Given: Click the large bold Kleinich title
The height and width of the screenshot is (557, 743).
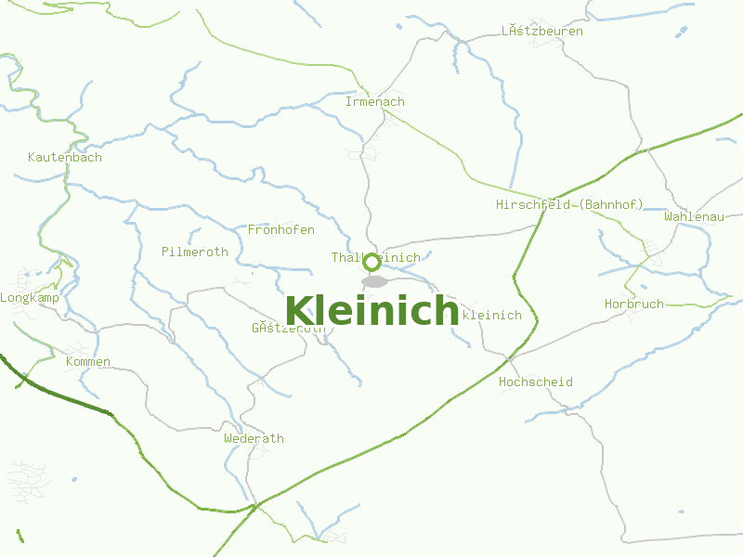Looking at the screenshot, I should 371,310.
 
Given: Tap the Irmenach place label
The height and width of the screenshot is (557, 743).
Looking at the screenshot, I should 375,101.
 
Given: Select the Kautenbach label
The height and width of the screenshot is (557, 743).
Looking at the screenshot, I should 65,157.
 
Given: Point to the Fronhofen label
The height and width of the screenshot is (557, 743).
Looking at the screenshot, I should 281,229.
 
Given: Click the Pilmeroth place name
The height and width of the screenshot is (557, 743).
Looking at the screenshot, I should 194,252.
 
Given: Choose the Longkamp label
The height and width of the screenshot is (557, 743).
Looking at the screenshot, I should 30,298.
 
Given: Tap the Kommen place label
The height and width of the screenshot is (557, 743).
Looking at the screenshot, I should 88,361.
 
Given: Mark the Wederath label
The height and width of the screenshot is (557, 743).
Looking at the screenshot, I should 254,438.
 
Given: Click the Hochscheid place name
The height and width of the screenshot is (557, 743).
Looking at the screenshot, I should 536,382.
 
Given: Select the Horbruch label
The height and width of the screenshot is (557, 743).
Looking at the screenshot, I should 634,304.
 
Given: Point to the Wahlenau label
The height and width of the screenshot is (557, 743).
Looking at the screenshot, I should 694,216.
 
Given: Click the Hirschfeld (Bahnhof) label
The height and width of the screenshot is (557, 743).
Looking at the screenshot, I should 569,204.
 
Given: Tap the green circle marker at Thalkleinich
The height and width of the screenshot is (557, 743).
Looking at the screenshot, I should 371,262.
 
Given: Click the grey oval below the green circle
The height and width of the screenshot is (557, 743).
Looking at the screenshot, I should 374,281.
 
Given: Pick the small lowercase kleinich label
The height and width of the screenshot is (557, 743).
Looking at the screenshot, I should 491,315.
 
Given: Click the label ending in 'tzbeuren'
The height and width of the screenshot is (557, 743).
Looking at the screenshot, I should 542,31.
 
